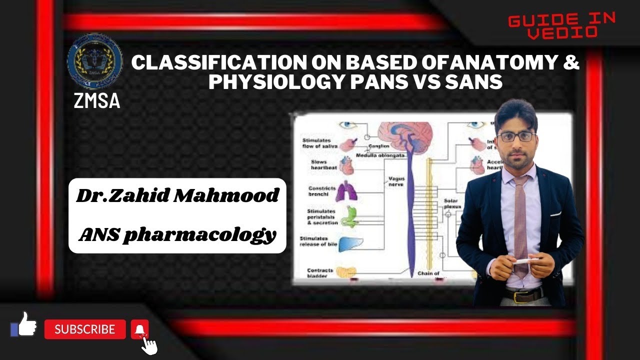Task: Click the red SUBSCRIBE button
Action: (x=85, y=329)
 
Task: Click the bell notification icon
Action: (x=140, y=329)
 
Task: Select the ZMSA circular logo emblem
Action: (x=94, y=62)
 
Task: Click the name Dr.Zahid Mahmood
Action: (x=177, y=195)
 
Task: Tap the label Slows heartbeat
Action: (x=319, y=165)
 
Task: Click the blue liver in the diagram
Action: (x=351, y=243)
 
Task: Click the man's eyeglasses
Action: (x=516, y=136)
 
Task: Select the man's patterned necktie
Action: (x=520, y=220)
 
